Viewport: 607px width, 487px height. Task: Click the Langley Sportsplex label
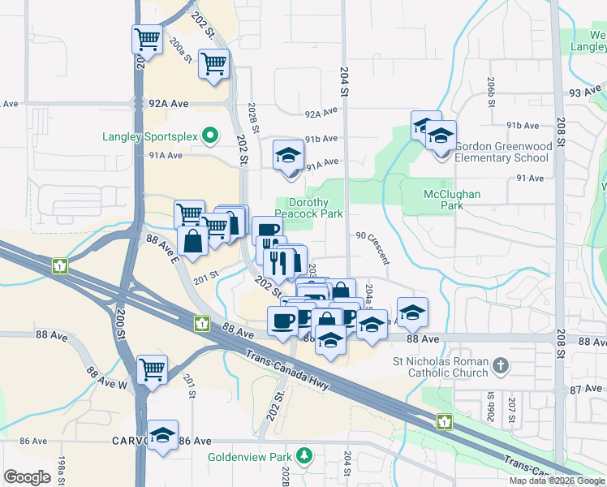point(149,136)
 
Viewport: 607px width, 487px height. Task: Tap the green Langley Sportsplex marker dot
point(210,136)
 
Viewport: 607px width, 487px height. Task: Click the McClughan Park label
point(452,200)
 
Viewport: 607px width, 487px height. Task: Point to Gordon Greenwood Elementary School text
point(502,152)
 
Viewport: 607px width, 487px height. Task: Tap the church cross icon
point(501,367)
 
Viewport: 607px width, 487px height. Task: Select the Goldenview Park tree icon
point(304,455)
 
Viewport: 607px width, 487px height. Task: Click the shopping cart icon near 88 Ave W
point(153,368)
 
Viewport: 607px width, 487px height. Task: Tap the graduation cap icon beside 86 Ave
point(162,434)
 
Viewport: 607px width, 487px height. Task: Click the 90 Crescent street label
point(372,245)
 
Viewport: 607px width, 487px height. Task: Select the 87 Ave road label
point(585,390)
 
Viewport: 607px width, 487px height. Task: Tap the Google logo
point(28,477)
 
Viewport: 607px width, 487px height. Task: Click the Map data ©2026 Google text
point(556,481)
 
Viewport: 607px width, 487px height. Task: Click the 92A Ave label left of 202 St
point(168,104)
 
